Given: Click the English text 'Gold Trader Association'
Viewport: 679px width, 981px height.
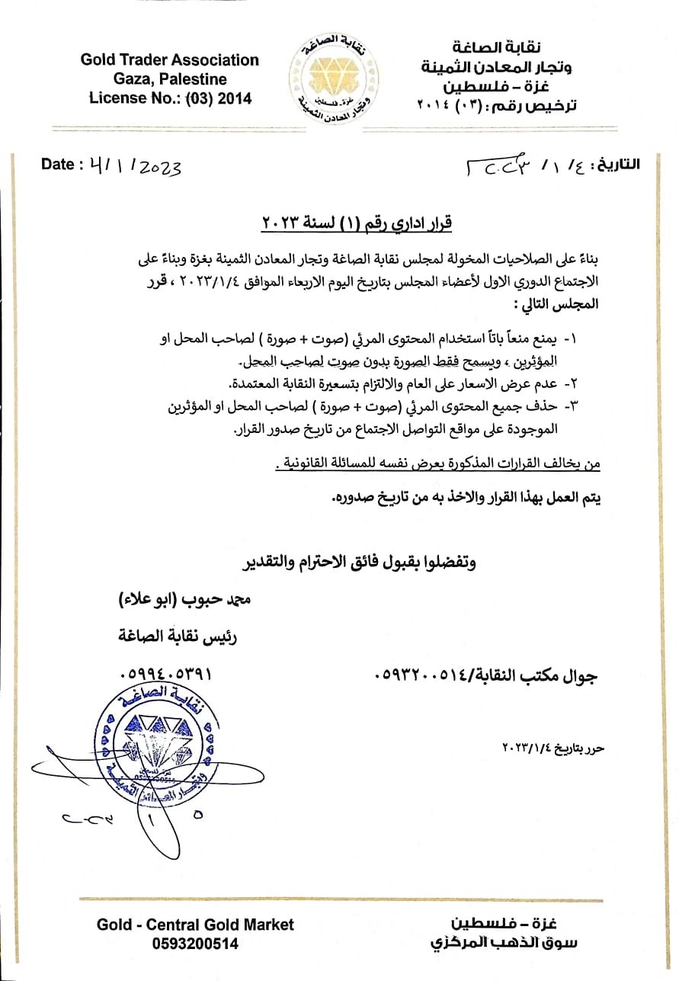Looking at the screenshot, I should [170, 60].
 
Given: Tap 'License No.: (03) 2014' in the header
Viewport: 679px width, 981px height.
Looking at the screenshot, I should [170, 98].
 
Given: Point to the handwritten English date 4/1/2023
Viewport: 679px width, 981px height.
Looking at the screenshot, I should [134, 166].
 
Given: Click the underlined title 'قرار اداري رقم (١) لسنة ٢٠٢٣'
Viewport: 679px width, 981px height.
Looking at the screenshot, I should [357, 223].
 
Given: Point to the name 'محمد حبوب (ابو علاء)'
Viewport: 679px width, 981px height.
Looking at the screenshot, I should [181, 600].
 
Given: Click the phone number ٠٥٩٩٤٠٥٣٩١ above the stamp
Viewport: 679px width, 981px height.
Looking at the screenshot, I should [166, 675].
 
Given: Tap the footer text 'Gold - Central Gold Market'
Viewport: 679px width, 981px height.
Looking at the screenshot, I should [195, 925].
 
